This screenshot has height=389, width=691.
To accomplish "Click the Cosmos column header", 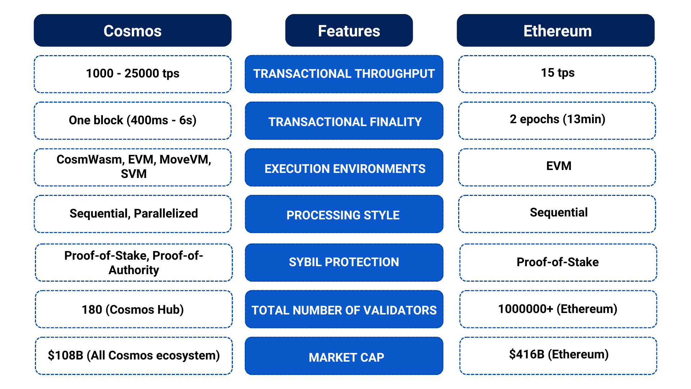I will [x=132, y=31].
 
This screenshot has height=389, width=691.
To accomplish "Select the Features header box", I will [x=349, y=31].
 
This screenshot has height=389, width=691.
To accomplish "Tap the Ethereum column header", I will [x=557, y=31].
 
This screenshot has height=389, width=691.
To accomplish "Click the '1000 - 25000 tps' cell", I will [x=132, y=74].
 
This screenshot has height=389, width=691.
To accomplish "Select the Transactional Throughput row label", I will [x=344, y=74].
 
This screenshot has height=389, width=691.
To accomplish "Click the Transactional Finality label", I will [x=344, y=122].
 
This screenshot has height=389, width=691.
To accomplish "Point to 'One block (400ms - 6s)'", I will [x=132, y=120].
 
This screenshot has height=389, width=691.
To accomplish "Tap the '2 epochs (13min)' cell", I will [x=557, y=119].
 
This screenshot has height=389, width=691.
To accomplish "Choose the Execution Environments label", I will [x=344, y=169].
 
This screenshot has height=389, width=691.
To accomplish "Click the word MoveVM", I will [x=185, y=160].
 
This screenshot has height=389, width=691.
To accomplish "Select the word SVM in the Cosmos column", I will [x=134, y=174].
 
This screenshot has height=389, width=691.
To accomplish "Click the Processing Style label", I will [x=343, y=215].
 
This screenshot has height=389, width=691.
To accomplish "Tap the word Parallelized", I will [x=166, y=214].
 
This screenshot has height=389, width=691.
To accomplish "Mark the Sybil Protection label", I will [x=344, y=262].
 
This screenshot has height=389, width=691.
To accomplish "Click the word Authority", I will [x=134, y=270].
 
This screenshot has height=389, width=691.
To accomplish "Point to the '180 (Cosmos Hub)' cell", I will [x=132, y=309].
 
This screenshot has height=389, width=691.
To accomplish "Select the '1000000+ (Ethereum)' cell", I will [x=557, y=309].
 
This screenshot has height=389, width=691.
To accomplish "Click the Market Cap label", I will [x=346, y=357].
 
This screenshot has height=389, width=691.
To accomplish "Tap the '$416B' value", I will [x=527, y=354].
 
